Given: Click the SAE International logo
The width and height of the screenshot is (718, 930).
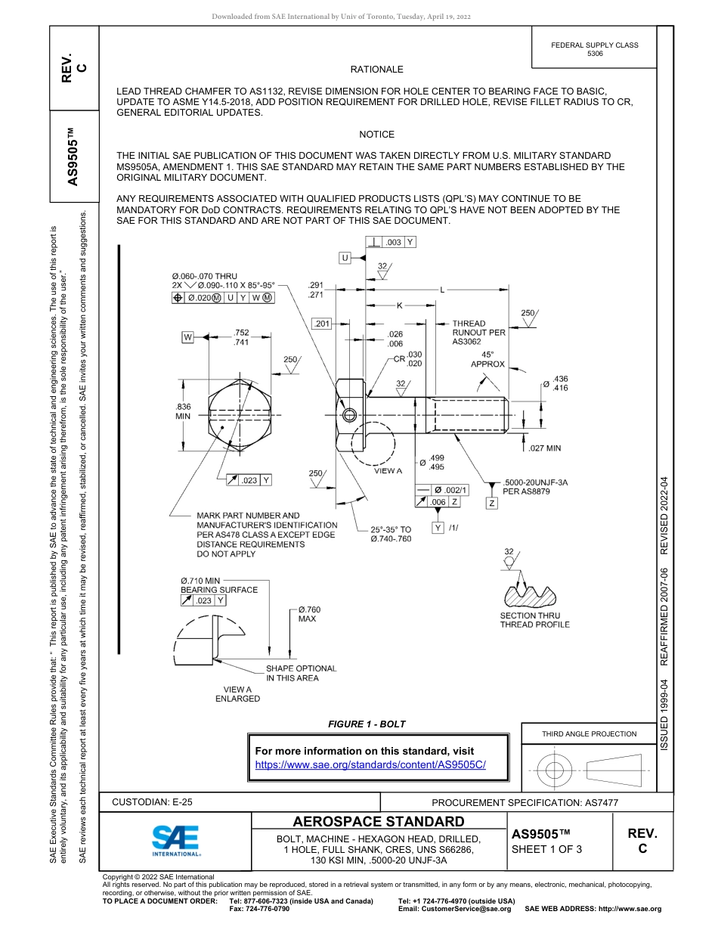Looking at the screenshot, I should point(175,839).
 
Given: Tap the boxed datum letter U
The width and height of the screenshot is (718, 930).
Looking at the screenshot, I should point(345,259).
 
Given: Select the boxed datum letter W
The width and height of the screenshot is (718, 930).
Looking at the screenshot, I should point(187,336).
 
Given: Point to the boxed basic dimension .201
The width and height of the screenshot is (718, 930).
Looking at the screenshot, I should point(323,324).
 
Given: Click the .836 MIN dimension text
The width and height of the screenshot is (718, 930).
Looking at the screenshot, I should point(184,411).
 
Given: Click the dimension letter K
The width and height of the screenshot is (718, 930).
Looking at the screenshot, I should point(400,305).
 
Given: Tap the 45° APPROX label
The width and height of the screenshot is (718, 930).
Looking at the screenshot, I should point(487,359).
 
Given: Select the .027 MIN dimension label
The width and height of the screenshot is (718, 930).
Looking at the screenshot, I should point(545,448).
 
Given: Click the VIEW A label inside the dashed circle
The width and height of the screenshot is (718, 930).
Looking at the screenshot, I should point(388,470).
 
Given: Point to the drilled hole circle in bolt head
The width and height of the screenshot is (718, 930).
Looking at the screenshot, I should point(349,416).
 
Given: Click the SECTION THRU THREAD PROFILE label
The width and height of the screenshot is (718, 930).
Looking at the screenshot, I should point(534,620).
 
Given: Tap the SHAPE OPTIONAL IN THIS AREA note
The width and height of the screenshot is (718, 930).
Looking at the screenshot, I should point(301,673).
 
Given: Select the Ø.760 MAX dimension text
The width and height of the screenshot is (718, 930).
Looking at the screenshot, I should point(308,614).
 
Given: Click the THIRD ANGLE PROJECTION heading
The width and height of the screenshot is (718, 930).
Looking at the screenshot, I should point(589,733).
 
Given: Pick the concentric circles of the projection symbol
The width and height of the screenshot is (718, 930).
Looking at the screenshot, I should point(556,770).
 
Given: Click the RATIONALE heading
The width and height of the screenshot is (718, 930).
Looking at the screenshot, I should point(377,70).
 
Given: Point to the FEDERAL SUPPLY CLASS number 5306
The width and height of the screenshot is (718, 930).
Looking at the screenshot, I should point(595,54).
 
